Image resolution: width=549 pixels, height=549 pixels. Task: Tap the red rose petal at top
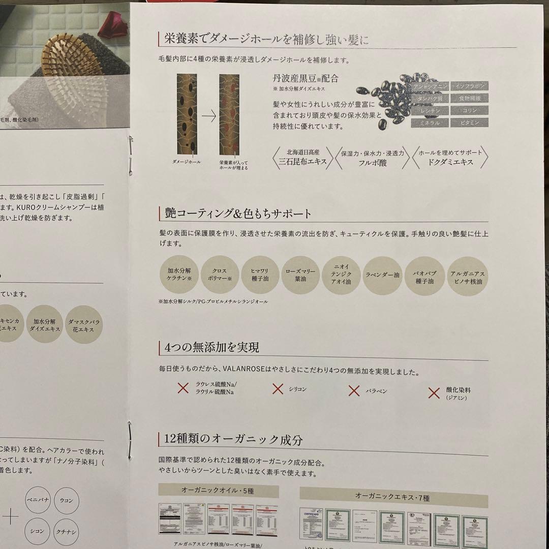112,25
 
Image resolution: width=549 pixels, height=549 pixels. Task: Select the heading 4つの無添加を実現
212,347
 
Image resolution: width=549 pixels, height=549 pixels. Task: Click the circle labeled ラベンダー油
382,275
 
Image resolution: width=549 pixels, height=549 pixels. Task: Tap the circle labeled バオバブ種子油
424,276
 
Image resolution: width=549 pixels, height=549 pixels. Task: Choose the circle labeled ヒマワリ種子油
261,275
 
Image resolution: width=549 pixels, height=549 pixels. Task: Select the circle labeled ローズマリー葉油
301,275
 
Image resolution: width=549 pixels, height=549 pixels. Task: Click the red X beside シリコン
278,389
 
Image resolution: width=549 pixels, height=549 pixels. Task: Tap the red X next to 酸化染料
434,392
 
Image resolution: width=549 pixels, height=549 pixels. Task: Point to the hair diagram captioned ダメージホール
187,114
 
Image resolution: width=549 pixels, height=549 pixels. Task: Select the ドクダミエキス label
450,162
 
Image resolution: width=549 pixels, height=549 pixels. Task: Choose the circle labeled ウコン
66,500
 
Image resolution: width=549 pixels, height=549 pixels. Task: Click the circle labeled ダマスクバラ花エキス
84,324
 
